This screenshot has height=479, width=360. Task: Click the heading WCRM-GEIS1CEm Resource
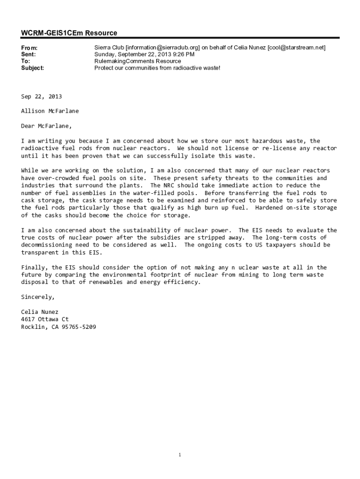pos(69,33)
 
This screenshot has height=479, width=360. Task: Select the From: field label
pos(29,48)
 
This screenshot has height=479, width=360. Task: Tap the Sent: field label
pos(29,54)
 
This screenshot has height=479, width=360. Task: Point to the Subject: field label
pos(33,68)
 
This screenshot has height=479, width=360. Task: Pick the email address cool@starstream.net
pos(296,48)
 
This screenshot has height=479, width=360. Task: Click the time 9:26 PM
pos(184,54)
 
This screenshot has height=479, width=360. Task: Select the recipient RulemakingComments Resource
pos(137,61)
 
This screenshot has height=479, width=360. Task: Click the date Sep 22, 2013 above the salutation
pos(41,96)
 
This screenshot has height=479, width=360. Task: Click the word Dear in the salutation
pos(29,126)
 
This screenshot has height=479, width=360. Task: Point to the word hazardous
pos(269,141)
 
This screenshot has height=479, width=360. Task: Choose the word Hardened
pos(270,208)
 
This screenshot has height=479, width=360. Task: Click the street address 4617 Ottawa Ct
pos(45,319)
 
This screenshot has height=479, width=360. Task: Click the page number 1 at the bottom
pos(180,455)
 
